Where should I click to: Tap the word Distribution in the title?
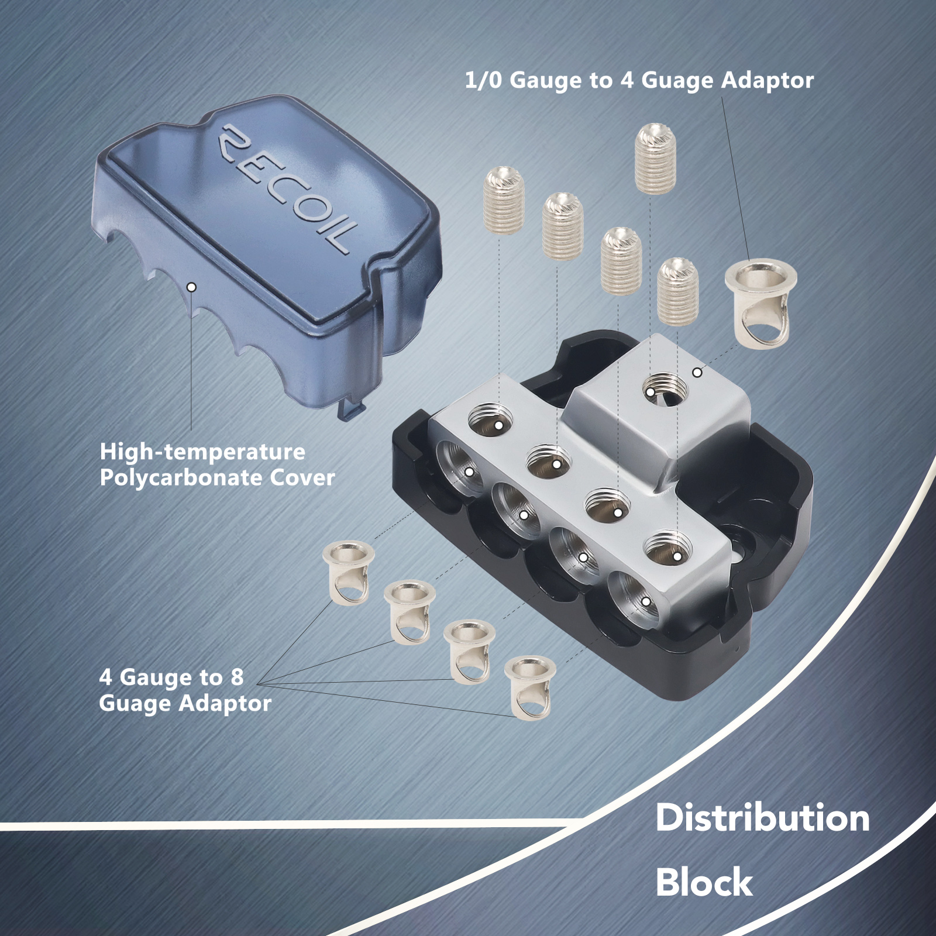click(762, 818)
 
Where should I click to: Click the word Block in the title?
click(704, 882)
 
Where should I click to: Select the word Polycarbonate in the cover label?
click(181, 478)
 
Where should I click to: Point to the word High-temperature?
click(202, 452)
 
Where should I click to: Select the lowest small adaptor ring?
click(530, 687)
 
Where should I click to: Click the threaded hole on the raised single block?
click(665, 388)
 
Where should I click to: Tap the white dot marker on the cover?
click(191, 287)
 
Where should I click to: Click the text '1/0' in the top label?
click(483, 80)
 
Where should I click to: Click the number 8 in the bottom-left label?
click(236, 677)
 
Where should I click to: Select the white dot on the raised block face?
click(697, 372)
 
